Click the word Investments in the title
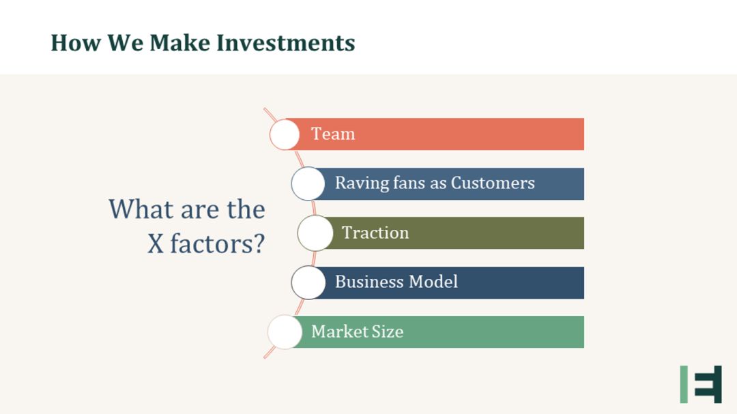[286, 43]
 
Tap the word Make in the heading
[180, 43]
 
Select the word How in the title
[76, 43]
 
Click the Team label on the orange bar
[333, 134]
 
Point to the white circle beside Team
[285, 134]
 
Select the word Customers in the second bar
[493, 183]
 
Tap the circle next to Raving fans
[308, 183]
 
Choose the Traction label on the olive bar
[375, 233]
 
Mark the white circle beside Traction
[315, 233]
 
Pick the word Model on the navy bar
[433, 282]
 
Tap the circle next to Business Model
[308, 282]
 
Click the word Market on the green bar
[339, 331]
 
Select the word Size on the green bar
[388, 331]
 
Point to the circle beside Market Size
[285, 331]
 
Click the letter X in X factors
[156, 244]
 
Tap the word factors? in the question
[218, 244]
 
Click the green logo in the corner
[701, 385]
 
